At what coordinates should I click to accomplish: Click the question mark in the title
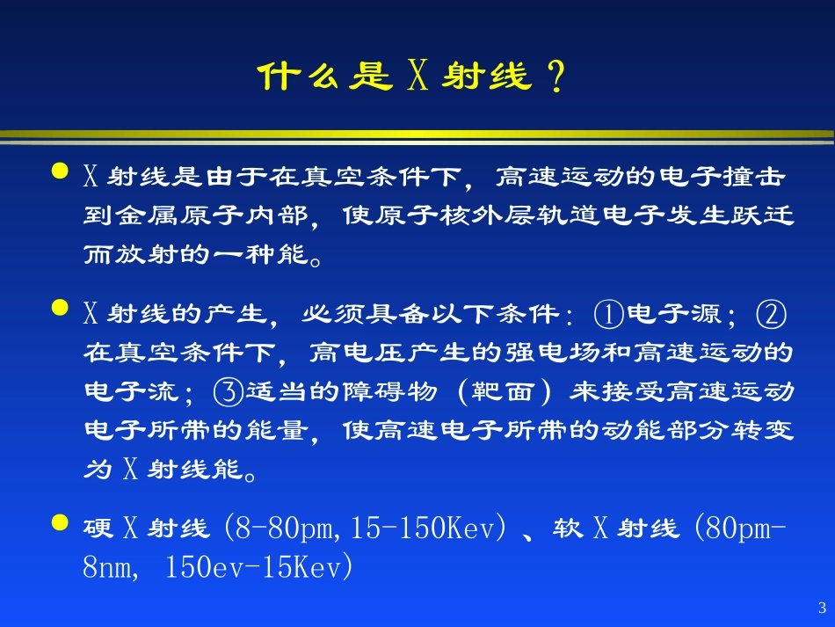(555, 78)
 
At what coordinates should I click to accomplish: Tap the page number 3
(822, 608)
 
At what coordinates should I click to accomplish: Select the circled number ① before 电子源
(608, 314)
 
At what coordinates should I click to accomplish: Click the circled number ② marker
(771, 314)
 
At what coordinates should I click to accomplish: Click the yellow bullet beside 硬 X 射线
(60, 524)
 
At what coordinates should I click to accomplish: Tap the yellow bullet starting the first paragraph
(60, 171)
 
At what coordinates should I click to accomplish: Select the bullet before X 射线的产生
(60, 309)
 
